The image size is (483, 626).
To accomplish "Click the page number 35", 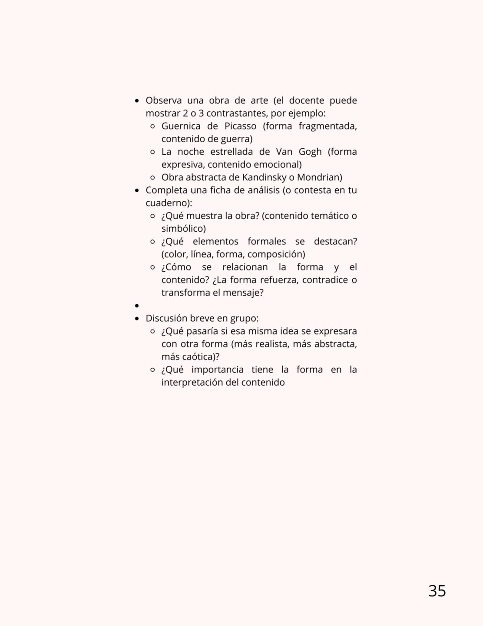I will point(437,591).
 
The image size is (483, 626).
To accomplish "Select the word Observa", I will point(163,101).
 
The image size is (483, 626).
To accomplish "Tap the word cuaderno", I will point(167,203).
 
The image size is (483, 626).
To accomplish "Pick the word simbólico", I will point(183,229).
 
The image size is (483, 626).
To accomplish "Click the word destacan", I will point(335,242).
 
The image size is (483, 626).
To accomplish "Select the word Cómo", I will point(177,267).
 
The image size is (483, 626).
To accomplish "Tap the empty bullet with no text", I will point(137,306).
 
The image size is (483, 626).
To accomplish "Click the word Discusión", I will point(167,318).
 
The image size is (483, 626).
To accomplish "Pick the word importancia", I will point(217,370).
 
